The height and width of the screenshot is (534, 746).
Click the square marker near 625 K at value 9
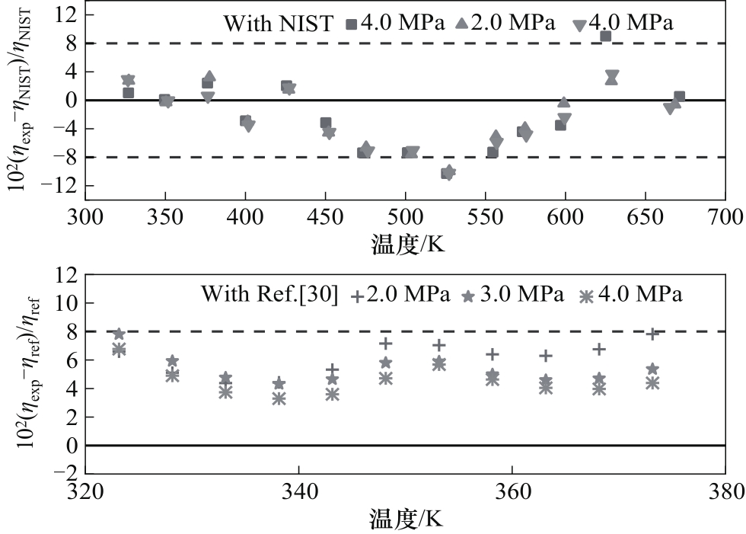[605, 36]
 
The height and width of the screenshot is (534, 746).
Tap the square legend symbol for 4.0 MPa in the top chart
[350, 24]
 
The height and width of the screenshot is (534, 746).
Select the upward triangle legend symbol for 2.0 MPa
[461, 24]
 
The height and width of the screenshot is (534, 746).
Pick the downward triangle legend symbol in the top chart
[579, 24]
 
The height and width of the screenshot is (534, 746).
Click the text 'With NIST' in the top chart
[278, 24]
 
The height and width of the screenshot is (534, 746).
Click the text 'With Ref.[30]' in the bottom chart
[266, 294]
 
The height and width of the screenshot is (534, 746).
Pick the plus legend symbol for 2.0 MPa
[355, 294]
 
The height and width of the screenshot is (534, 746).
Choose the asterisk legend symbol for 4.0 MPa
[585, 295]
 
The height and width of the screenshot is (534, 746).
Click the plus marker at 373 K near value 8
[652, 334]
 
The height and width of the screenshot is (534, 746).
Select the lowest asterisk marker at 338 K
[279, 398]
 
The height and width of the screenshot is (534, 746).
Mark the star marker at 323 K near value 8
[119, 334]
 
